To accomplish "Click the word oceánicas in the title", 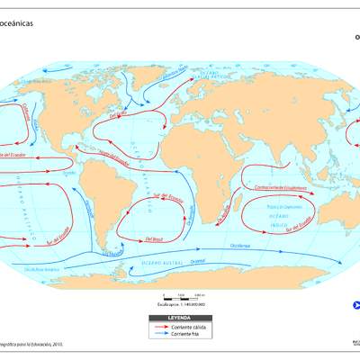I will click(17, 25).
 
